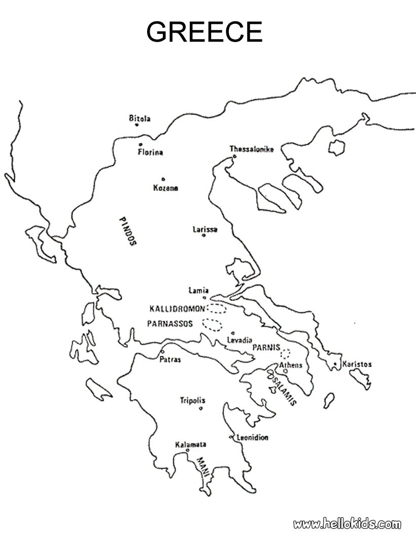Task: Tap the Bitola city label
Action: [x=140, y=119]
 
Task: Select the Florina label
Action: [x=150, y=152]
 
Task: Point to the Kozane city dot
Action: [x=163, y=179]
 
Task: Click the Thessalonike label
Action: [x=252, y=149]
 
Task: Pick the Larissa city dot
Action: [x=204, y=236]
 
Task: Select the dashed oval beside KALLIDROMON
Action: [x=217, y=308]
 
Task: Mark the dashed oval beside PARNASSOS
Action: [x=212, y=323]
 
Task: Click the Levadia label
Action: [x=240, y=340]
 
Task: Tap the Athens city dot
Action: [x=285, y=371]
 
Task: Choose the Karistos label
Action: [x=357, y=364]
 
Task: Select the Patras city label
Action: [x=170, y=360]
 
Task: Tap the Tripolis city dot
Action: [x=201, y=408]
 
